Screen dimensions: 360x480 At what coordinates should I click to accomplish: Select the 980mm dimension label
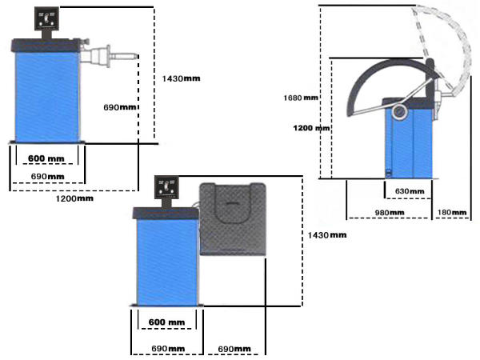pyautogui.click(x=389, y=212)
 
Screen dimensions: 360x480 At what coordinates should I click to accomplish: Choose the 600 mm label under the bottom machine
pyautogui.click(x=166, y=322)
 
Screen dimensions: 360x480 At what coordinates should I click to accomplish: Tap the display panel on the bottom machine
pyautogui.click(x=169, y=189)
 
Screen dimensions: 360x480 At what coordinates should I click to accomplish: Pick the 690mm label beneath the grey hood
pyautogui.click(x=235, y=349)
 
